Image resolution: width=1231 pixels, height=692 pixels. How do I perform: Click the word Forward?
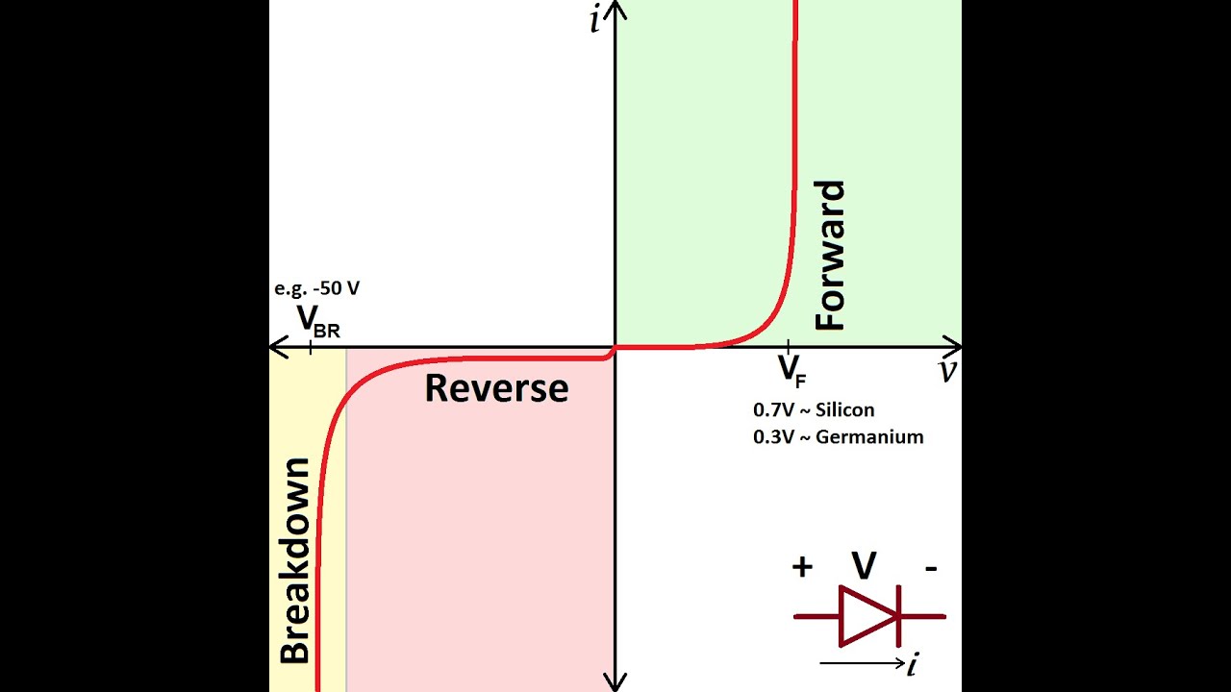(x=829, y=255)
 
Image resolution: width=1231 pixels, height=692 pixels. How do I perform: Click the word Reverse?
(x=496, y=388)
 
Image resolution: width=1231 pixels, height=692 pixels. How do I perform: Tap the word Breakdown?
(x=295, y=560)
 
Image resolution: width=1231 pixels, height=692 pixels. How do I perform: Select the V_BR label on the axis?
(x=316, y=320)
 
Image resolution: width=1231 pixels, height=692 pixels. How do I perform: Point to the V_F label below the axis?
(x=791, y=369)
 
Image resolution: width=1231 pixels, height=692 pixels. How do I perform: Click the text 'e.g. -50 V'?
(x=317, y=288)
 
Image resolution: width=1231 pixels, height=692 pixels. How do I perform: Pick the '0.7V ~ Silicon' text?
(x=814, y=410)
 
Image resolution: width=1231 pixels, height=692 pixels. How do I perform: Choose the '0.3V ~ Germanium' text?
(x=838, y=437)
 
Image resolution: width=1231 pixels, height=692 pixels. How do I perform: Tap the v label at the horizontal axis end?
(x=948, y=372)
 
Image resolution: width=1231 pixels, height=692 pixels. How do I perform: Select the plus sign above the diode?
(x=802, y=567)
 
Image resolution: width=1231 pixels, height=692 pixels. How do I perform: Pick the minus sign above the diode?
(x=931, y=567)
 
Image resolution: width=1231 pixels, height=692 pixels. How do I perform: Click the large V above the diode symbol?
(x=865, y=566)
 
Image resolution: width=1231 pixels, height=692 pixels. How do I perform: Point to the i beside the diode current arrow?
(x=912, y=662)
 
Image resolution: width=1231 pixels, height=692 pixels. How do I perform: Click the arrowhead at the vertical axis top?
(x=615, y=9)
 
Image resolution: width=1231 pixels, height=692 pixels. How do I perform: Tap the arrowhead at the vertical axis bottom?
(x=615, y=683)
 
